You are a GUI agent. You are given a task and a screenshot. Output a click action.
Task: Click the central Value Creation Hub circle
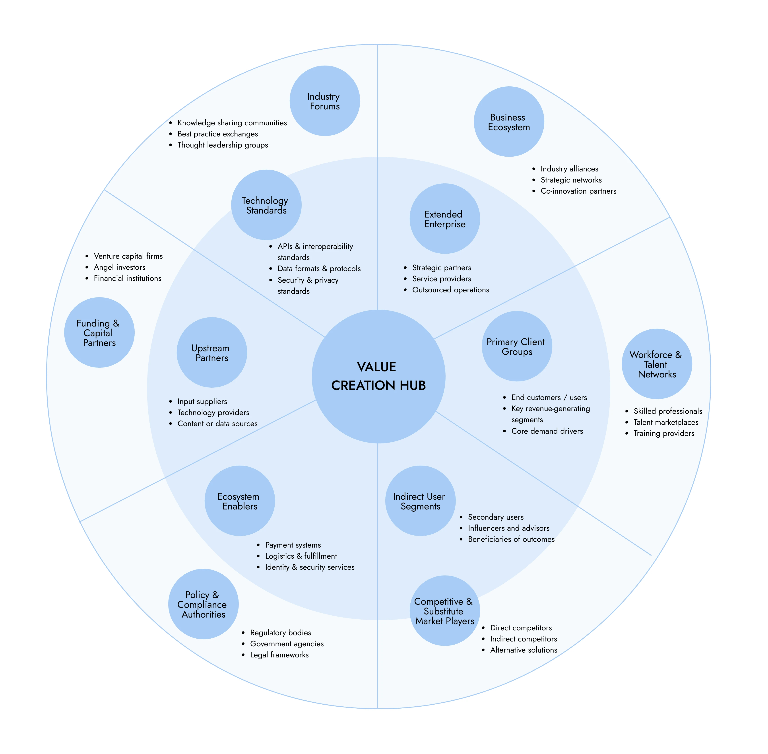coord(378,376)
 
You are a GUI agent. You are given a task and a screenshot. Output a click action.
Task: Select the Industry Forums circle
coord(325,101)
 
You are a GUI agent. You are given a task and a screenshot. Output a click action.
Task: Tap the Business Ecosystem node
coord(509,122)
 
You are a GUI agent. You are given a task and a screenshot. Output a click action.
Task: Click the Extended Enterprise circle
coord(445,219)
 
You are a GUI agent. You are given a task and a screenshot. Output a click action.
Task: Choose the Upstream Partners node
coord(212,352)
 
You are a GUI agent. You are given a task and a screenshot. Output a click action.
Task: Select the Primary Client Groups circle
coord(517,346)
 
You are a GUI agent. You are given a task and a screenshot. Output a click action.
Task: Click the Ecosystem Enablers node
coord(240,501)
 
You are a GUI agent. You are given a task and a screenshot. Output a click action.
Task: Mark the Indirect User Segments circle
coord(420,501)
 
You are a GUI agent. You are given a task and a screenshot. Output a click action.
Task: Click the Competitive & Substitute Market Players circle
coord(445,611)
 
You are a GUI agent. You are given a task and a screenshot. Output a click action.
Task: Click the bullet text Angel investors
coord(120,267)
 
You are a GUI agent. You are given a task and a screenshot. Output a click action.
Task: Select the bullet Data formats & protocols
coord(319,268)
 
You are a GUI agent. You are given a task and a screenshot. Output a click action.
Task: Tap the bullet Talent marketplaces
coord(666,422)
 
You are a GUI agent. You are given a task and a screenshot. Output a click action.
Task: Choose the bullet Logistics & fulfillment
coord(301,556)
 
